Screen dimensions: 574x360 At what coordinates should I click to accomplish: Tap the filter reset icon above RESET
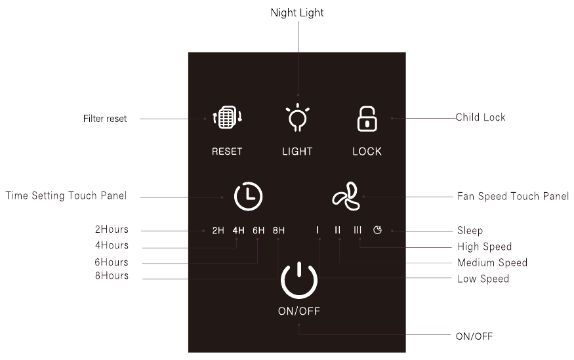click(228, 117)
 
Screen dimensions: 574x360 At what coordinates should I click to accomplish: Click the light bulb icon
click(297, 117)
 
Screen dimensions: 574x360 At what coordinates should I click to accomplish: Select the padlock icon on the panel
click(367, 119)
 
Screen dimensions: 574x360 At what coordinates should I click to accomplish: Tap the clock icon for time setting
click(248, 196)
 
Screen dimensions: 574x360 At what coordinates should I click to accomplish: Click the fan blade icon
click(346, 196)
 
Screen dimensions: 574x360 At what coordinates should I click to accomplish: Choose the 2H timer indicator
click(218, 230)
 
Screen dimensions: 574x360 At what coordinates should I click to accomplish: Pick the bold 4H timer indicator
click(238, 230)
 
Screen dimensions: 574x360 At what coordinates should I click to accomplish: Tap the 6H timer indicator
click(258, 230)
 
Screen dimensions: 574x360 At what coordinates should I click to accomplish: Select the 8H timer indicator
click(279, 230)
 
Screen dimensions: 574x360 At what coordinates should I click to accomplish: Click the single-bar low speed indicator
click(318, 230)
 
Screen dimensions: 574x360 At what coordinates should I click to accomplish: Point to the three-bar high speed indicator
click(358, 230)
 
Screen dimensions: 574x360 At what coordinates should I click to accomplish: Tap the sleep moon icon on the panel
click(377, 230)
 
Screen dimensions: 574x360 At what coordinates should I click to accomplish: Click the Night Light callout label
click(297, 13)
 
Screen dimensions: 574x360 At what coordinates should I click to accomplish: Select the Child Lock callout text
click(480, 117)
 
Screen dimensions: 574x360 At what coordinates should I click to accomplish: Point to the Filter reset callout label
click(105, 119)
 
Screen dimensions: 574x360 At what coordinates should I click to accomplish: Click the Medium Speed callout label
click(493, 262)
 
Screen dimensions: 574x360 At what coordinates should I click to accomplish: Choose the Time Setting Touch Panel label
click(66, 195)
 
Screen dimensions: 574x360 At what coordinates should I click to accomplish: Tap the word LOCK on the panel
click(367, 151)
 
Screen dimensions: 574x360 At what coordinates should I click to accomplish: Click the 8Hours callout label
click(112, 275)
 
